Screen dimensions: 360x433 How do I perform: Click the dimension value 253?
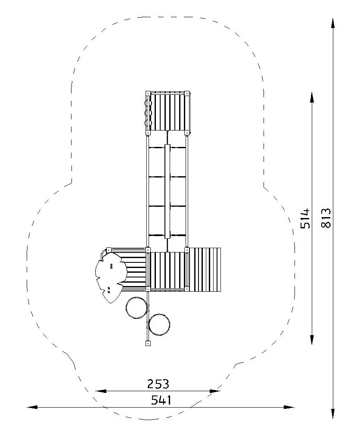click(x=158, y=384)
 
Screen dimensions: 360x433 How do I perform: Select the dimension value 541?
click(x=161, y=400)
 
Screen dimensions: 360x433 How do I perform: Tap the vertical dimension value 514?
click(x=305, y=218)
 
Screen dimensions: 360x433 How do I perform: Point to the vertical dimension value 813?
click(x=326, y=218)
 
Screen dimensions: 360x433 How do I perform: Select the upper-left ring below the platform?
click(x=137, y=308)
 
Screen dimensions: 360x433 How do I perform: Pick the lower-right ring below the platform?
click(x=159, y=324)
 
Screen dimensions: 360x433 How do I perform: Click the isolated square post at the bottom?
click(x=148, y=344)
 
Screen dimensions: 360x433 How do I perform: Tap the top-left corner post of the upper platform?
click(x=148, y=93)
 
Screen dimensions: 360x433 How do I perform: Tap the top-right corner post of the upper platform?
click(x=187, y=93)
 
